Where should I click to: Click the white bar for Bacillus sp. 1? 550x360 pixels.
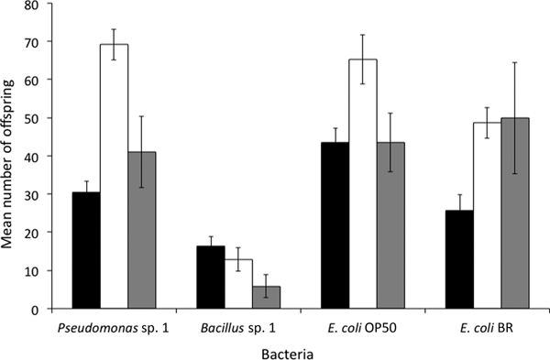click(237, 285)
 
